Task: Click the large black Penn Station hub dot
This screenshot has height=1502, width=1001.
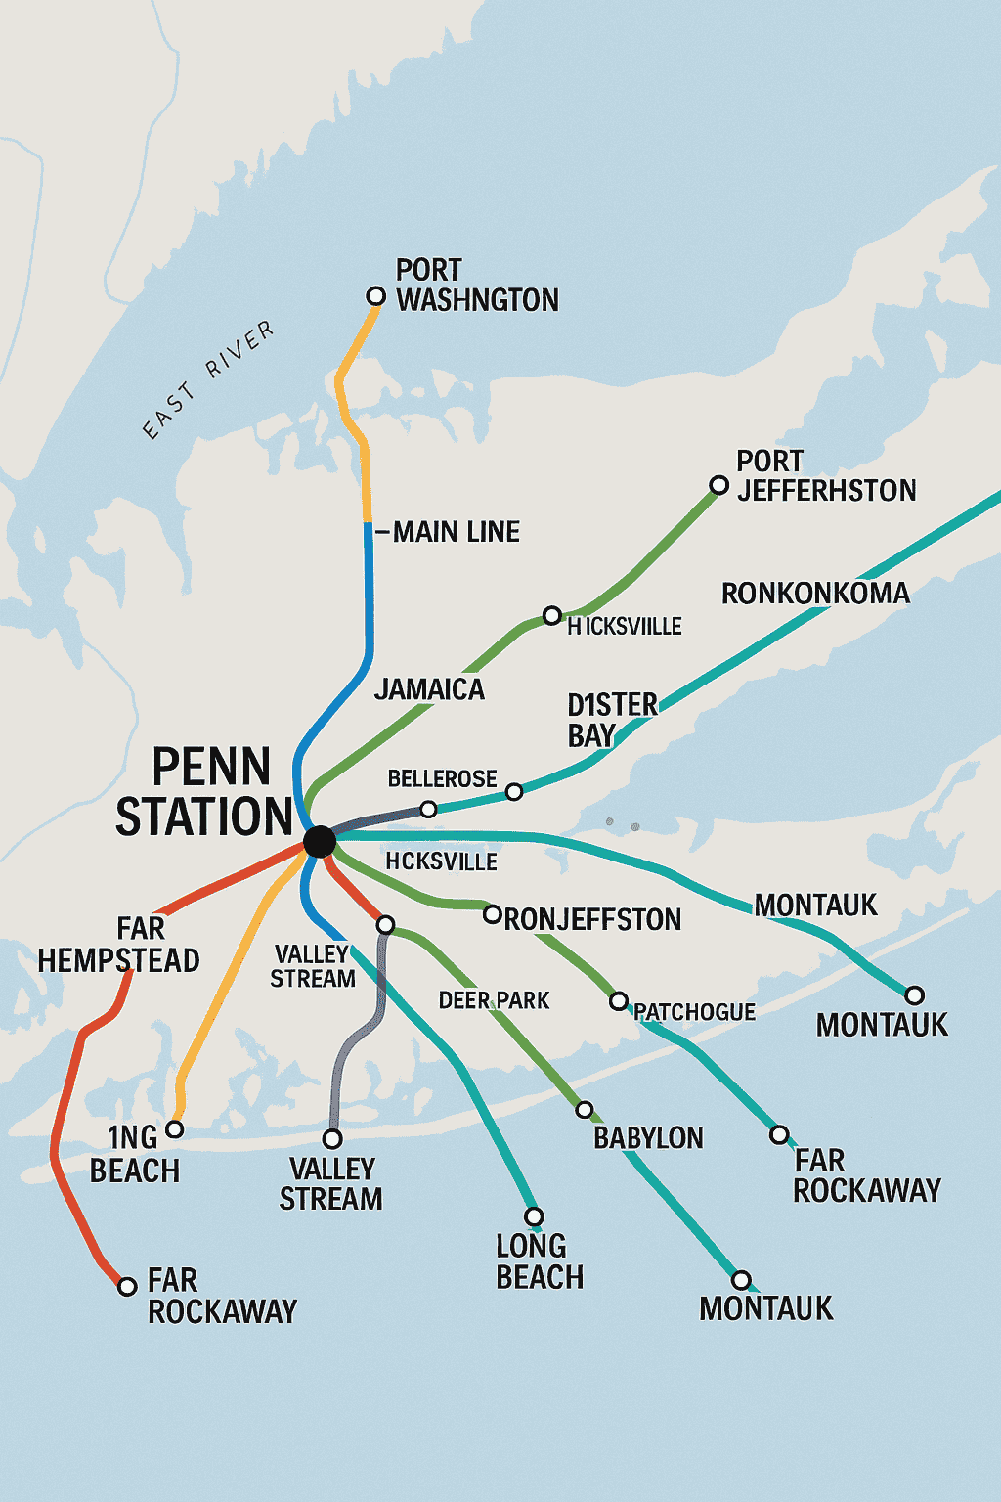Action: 320,841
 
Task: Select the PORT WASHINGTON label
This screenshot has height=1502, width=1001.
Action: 476,285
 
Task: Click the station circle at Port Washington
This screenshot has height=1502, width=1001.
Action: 375,295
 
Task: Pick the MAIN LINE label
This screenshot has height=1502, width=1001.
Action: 456,532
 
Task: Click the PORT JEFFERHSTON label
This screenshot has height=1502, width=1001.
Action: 826,475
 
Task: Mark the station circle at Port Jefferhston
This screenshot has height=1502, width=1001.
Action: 718,485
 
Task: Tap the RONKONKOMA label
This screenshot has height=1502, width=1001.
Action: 815,594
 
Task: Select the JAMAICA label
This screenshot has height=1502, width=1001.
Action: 429,689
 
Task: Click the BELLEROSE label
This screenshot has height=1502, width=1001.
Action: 442,779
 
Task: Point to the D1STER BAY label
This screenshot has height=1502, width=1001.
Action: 612,720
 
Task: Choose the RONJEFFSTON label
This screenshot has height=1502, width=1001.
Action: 592,919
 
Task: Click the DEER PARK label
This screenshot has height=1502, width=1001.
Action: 494,1000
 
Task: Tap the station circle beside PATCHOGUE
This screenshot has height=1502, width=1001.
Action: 619,1001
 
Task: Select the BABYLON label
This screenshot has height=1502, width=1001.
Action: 648,1138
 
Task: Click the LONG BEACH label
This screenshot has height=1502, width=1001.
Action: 540,1261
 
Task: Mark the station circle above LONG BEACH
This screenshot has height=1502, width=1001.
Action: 534,1216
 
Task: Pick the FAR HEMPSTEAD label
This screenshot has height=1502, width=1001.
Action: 118,945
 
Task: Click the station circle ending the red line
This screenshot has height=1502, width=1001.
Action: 127,1286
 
